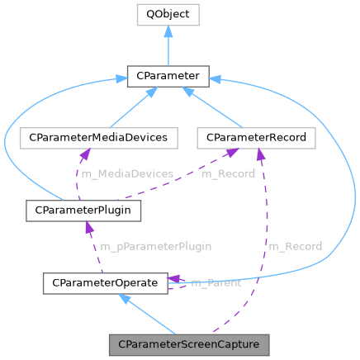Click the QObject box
tap(168, 15)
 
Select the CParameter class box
tap(168, 77)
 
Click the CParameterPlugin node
tap(83, 211)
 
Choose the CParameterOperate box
tap(104, 283)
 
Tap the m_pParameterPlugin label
tap(155, 247)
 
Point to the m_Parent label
tap(216, 284)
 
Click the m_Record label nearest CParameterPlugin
tap(227, 174)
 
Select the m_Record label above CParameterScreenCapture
tap(295, 247)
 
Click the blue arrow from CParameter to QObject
tap(168, 45)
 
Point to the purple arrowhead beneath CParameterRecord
tap(261, 155)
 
